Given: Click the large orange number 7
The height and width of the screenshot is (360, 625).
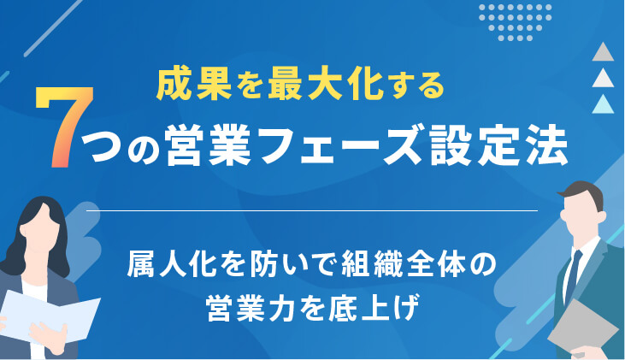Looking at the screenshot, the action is [65, 127].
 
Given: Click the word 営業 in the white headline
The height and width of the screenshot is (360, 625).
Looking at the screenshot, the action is [208, 145].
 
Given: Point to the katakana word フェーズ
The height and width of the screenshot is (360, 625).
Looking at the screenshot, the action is [340, 145].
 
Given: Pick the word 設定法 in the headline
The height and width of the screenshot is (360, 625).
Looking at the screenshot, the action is [498, 145].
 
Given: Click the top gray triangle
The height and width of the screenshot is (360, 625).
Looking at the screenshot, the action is [603, 53].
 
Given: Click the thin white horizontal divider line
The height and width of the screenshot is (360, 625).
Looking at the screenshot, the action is [312, 210].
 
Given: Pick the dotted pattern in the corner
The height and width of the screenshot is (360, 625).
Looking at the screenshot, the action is [515, 22].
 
